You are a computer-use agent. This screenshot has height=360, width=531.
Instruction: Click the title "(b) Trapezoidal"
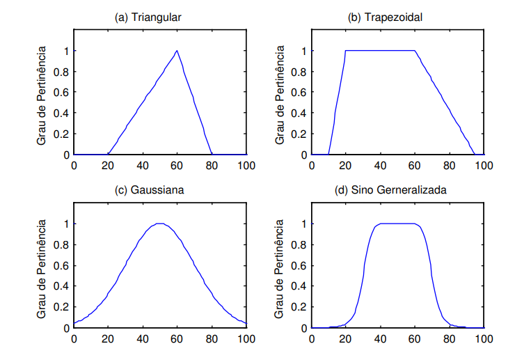coord(387,17)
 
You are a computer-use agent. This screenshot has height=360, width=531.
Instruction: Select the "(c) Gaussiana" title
coord(149,190)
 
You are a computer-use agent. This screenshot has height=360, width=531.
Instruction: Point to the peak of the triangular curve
coord(177,50)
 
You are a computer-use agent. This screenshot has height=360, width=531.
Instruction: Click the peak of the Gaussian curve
coord(160,224)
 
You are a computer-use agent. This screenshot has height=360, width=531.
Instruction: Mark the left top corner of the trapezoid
coord(346,50)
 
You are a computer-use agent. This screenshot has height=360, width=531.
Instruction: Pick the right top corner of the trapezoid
coord(415,50)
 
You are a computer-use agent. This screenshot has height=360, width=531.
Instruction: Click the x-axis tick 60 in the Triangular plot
coord(177,165)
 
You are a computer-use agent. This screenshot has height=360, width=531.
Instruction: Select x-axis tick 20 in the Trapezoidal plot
coord(346,165)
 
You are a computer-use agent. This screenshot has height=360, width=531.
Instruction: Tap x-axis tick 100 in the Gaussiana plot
coord(246,338)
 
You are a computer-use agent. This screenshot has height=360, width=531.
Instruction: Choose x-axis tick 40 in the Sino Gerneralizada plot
coord(380,338)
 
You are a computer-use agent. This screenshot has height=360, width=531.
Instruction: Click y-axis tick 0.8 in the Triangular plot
coord(63,72)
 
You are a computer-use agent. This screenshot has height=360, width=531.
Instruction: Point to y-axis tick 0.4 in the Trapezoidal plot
coord(300,114)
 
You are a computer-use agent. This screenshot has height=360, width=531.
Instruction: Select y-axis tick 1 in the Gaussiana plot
coord(67,224)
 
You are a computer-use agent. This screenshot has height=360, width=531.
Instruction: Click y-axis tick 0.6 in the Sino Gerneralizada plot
coord(300,265)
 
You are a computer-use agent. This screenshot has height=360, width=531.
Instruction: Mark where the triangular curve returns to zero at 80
coord(212,155)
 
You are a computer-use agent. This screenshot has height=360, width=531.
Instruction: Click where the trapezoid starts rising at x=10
coord(328,155)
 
